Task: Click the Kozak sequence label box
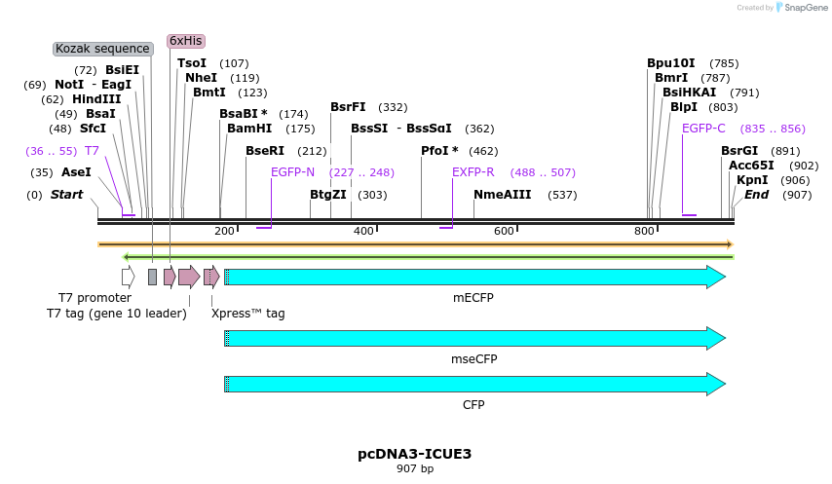(x=102, y=49)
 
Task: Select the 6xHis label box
(x=185, y=41)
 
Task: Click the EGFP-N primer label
(x=292, y=172)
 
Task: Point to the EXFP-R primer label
(x=473, y=172)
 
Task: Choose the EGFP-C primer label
(x=703, y=128)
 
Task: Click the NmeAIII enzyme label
(x=503, y=195)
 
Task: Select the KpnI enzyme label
(x=752, y=180)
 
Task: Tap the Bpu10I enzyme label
(x=671, y=63)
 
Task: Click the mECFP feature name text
(x=473, y=297)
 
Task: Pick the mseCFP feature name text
(x=473, y=359)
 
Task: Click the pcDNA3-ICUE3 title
(x=415, y=454)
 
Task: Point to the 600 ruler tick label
(x=504, y=231)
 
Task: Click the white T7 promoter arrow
(x=128, y=277)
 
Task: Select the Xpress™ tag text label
(x=248, y=314)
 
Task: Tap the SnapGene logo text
(x=800, y=8)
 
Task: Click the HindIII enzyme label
(x=96, y=99)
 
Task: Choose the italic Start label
(x=67, y=195)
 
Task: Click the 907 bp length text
(x=415, y=469)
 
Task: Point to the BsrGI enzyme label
(x=739, y=151)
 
